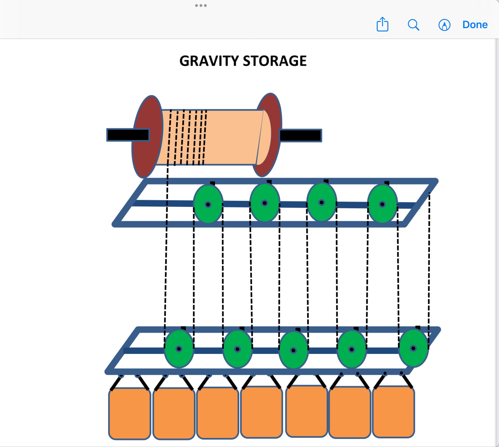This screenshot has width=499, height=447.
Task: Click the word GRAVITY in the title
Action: pyautogui.click(x=209, y=61)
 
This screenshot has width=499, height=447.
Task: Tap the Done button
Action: pyautogui.click(x=475, y=25)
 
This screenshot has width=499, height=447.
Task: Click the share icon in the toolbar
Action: pyautogui.click(x=382, y=25)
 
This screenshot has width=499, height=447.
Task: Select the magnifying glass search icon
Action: pyautogui.click(x=413, y=25)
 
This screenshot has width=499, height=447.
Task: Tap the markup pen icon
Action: pyautogui.click(x=444, y=25)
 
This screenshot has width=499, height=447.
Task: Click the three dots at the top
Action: pyautogui.click(x=201, y=6)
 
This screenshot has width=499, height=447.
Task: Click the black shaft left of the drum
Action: pyautogui.click(x=128, y=135)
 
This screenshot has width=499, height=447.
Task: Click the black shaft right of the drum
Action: pyautogui.click(x=301, y=135)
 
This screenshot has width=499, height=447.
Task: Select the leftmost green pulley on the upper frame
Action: pyautogui.click(x=208, y=204)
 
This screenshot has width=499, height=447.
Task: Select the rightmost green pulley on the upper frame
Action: pyautogui.click(x=382, y=204)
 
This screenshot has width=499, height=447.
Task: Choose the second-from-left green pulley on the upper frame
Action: pyautogui.click(x=265, y=203)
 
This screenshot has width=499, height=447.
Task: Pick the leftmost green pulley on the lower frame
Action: pyautogui.click(x=179, y=349)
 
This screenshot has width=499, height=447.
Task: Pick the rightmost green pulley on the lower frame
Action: pyautogui.click(x=413, y=348)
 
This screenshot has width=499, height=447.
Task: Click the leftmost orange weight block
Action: pyautogui.click(x=129, y=413)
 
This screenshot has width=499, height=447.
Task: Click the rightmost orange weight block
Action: pyautogui.click(x=393, y=412)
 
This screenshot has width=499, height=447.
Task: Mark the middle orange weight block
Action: pyautogui.click(x=261, y=412)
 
